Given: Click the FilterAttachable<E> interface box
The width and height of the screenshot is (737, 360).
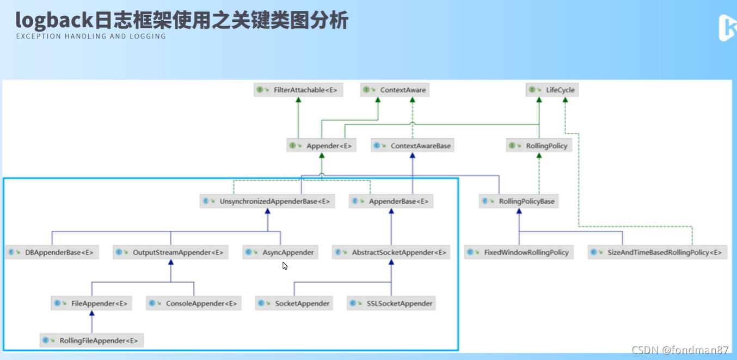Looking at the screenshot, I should [x=298, y=90].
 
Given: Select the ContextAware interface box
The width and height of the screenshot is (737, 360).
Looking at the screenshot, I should [x=395, y=90].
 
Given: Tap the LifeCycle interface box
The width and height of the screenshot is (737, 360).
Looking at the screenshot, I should [x=552, y=90].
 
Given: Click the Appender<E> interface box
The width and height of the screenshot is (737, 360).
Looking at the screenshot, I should [x=321, y=146].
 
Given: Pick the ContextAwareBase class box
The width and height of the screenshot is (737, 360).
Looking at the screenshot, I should [x=413, y=146].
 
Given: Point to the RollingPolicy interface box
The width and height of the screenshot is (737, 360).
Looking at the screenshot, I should [x=539, y=146].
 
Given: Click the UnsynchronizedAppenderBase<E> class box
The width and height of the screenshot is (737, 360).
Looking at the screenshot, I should [x=267, y=202].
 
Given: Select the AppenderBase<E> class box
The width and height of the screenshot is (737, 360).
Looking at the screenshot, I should [x=391, y=202].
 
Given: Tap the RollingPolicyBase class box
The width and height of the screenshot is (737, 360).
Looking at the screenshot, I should [x=519, y=202].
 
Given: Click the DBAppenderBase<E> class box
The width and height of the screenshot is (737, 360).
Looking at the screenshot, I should [x=52, y=252].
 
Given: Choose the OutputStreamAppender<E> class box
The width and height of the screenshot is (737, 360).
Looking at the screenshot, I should [x=171, y=252].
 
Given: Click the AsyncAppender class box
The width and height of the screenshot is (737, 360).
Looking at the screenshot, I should [x=280, y=252].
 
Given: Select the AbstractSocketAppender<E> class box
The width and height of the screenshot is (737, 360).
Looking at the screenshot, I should [x=391, y=252].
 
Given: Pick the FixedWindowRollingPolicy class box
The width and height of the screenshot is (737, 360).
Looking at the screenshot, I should [x=519, y=252].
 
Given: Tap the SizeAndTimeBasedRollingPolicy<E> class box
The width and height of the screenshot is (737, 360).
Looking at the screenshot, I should [x=658, y=252].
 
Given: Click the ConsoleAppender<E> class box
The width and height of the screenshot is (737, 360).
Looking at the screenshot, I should [x=194, y=303].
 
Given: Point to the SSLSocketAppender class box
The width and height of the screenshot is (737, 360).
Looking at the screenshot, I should [x=392, y=303].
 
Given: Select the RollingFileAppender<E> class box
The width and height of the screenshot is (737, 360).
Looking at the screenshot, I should [x=91, y=341].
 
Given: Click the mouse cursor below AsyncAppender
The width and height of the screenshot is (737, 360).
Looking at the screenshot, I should [x=285, y=266].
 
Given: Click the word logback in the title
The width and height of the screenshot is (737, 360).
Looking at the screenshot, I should [x=53, y=20].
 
